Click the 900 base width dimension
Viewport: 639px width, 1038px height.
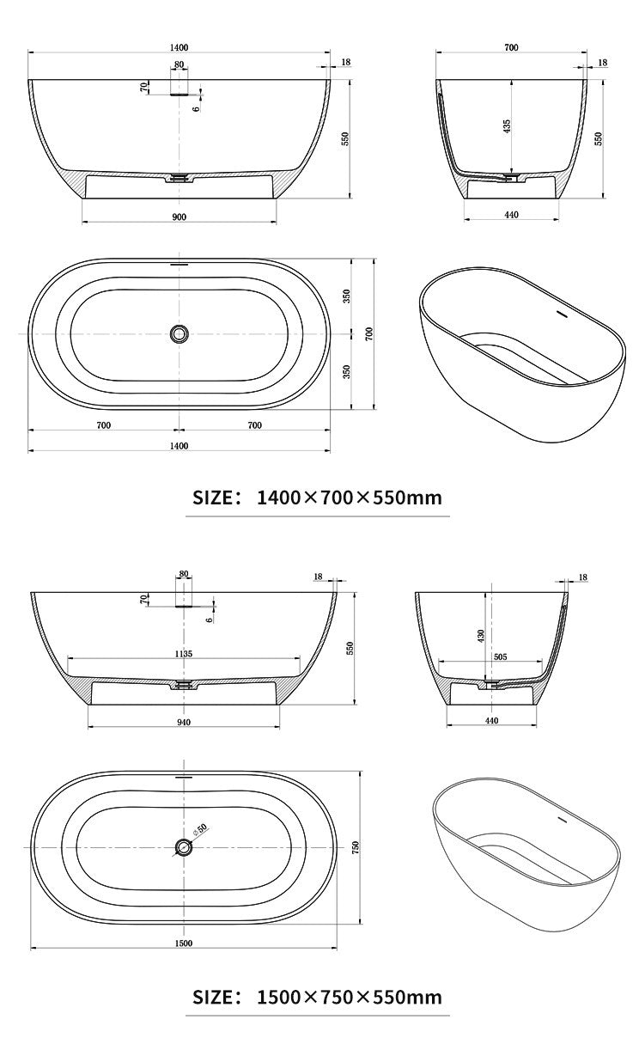tap(179, 217)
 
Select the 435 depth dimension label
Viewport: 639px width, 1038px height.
tap(507, 125)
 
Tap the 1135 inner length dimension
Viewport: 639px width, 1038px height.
tap(183, 653)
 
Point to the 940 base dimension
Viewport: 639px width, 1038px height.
tap(183, 722)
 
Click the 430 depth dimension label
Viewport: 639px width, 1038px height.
tap(482, 636)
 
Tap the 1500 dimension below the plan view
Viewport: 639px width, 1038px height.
tap(183, 943)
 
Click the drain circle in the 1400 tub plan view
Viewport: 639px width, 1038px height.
tap(180, 333)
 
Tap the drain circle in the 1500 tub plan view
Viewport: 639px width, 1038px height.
tap(184, 847)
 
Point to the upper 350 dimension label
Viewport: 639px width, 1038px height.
tap(347, 296)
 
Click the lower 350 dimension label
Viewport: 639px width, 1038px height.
tap(347, 371)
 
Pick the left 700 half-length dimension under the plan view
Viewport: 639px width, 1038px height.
tap(103, 424)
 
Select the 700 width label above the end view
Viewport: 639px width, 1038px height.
tap(511, 48)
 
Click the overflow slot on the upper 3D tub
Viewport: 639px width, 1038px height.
tap(563, 314)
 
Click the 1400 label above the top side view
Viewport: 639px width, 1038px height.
tap(179, 48)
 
